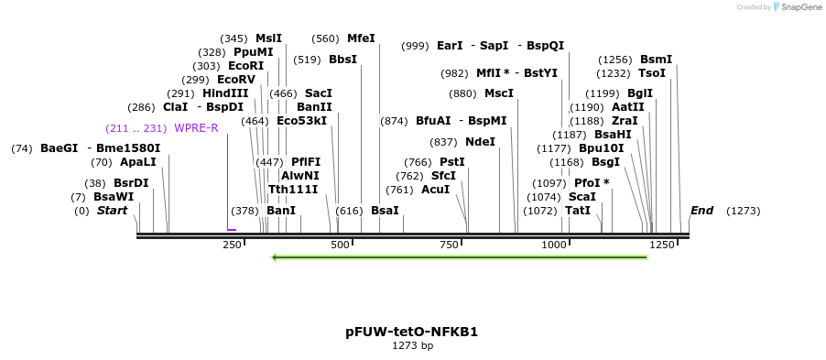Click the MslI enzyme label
point(268,38)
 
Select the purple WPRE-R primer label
point(196,128)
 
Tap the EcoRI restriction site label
point(245,66)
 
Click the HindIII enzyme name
point(225,93)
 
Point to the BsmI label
point(656,60)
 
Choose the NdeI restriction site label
point(480,142)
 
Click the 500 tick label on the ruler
point(341,245)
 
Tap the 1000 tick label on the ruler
point(554,245)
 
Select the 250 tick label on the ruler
point(232,245)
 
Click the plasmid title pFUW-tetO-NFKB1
point(411,332)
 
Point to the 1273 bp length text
point(412,346)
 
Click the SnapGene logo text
point(799,7)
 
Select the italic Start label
point(112,211)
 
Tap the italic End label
point(701,211)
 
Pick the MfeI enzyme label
point(361,38)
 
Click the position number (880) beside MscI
point(462,93)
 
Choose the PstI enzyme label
point(452,162)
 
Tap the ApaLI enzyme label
point(138,162)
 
